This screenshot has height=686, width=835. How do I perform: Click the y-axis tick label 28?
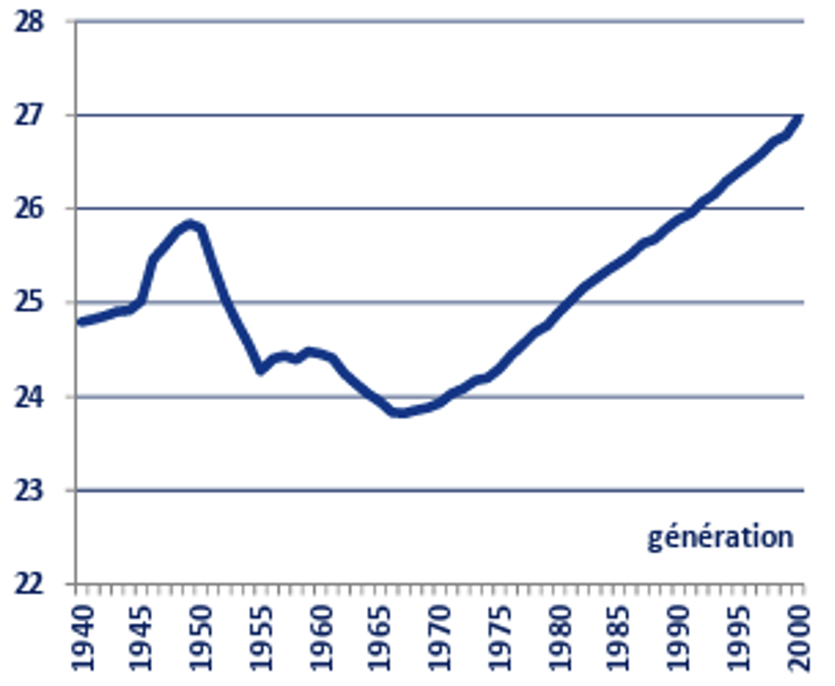point(29,22)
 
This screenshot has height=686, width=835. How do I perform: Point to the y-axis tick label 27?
point(29,116)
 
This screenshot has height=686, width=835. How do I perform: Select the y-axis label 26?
point(29,209)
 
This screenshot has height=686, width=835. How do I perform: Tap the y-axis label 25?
point(29,303)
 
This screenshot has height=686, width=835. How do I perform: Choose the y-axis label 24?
point(29,397)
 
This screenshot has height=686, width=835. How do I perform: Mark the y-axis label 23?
point(29,490)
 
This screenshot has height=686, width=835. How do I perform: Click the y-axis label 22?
point(29,584)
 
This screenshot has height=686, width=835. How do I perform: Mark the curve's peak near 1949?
point(189,224)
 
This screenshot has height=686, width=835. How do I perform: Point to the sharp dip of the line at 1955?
point(261,370)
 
